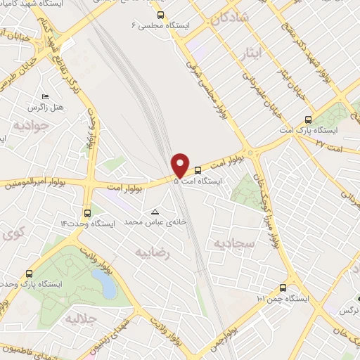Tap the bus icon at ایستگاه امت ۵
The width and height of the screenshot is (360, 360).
tap(198, 169)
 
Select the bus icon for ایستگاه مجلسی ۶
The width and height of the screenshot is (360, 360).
tap(161, 14)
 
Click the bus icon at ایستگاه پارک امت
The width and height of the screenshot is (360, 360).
tap(307, 119)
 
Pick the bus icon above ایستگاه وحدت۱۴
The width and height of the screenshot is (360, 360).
tap(87, 212)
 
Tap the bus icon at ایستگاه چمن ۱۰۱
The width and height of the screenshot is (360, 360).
tap(283, 287)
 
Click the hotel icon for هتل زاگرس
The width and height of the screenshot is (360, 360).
tap(46, 96)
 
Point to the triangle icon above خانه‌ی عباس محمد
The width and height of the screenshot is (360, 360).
tap(155, 211)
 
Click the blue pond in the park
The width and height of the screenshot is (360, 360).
tap(104, 283)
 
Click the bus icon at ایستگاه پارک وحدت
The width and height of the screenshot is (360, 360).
tap(28, 274)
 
